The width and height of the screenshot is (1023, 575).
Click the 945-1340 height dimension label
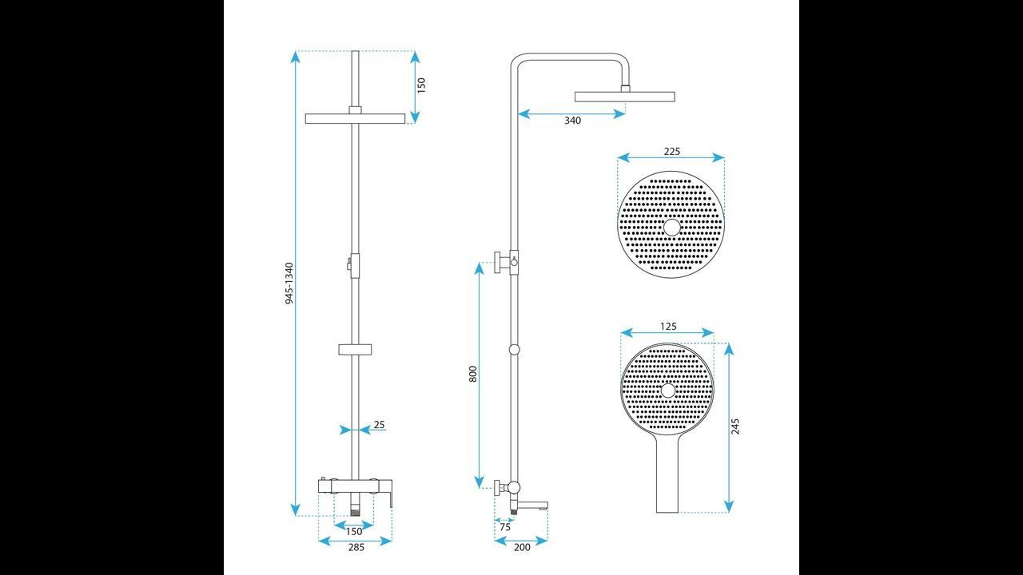289,284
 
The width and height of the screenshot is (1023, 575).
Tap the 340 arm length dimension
573,121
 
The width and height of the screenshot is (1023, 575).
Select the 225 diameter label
672,151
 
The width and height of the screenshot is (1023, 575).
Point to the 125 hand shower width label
668,327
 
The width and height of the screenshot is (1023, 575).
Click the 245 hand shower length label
734,426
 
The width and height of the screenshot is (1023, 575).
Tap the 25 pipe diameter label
380,424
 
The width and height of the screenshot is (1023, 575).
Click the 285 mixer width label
356,547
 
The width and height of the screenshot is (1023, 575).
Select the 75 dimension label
505,527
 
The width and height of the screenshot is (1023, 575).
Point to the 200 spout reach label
522,547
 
